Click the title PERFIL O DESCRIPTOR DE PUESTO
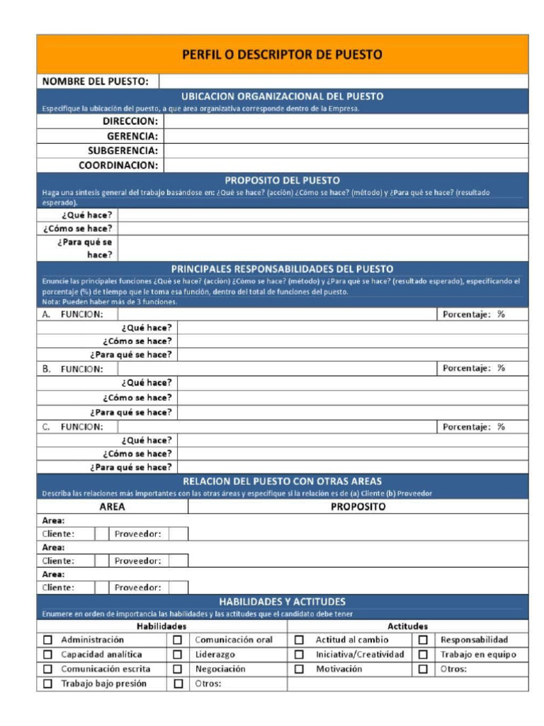pos(282,55)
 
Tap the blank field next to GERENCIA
pos(346,136)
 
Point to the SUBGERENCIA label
pos(123,151)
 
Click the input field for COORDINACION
pos(346,165)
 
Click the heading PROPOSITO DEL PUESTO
pos(282,180)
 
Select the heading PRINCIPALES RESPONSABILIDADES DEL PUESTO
pos(282,269)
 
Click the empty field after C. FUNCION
pos(276,427)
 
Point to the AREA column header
pos(112,507)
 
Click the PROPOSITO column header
pos(358,507)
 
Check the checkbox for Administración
pos(48,640)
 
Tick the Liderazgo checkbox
pos(178,655)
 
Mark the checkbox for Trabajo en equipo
pos(423,655)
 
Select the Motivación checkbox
pos(299,669)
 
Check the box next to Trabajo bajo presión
pos(48,684)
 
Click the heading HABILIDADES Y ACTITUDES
pos(282,601)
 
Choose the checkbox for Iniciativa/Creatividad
pos(299,655)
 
